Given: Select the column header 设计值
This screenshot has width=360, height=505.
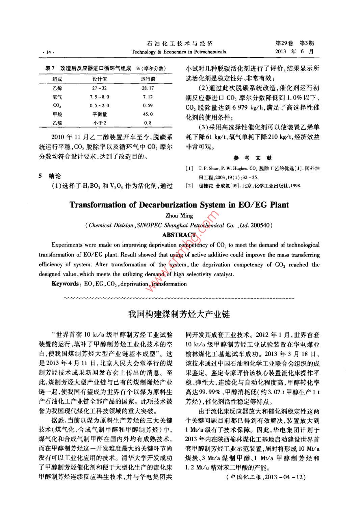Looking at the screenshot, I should (x=100, y=79).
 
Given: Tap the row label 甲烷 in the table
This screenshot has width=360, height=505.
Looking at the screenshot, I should (x=57, y=114).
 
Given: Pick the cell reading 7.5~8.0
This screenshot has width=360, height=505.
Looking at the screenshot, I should (x=100, y=97).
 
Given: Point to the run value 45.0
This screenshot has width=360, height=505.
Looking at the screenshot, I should (x=148, y=114).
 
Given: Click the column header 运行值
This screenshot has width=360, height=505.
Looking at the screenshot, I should (x=148, y=79).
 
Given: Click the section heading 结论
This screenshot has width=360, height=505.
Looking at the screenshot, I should (x=55, y=176).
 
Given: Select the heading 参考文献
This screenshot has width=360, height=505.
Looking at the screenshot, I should (x=252, y=158).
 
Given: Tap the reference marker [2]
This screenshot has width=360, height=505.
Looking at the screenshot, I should (x=189, y=186).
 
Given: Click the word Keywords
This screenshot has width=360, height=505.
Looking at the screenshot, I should (x=65, y=284).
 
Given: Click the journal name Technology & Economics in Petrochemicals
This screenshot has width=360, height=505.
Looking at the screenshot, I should (x=179, y=52).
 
